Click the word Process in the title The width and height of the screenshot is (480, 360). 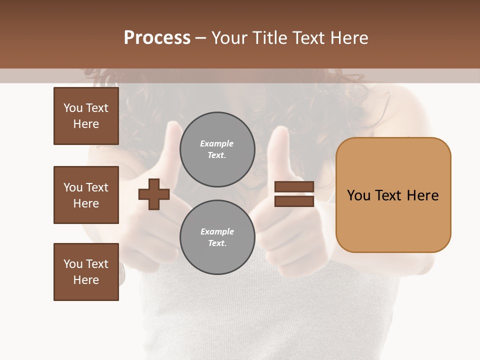(x=157, y=37)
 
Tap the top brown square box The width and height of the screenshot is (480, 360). (x=86, y=116)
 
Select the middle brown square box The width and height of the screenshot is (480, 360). (x=86, y=195)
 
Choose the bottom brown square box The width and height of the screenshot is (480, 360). (x=86, y=272)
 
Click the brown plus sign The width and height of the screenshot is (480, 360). (x=154, y=193)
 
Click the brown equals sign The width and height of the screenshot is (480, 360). (x=294, y=194)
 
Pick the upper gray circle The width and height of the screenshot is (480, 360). (x=217, y=149)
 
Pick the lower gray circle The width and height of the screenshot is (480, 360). (x=217, y=237)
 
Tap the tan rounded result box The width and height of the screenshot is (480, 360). (x=393, y=195)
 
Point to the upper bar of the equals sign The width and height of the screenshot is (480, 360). (x=294, y=187)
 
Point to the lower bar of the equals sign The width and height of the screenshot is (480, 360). (x=294, y=201)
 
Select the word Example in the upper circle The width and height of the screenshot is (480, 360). (x=217, y=143)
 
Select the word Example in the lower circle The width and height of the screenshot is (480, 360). (x=217, y=231)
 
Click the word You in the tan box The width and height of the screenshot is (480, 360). (x=358, y=195)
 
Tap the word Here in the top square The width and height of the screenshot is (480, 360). (x=86, y=124)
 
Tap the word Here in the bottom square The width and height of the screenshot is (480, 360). (x=86, y=280)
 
